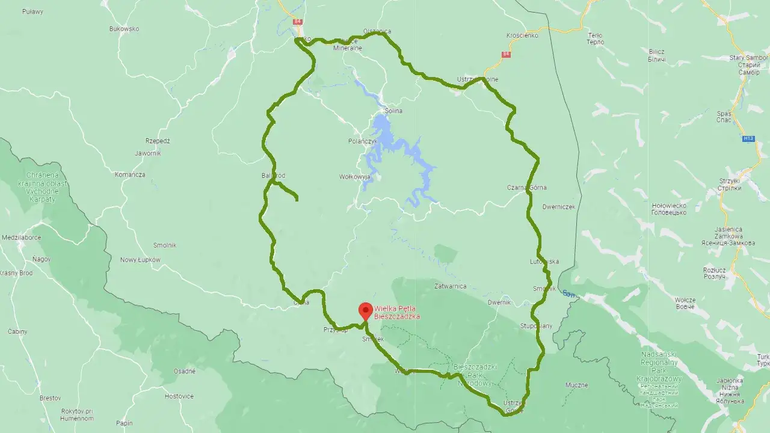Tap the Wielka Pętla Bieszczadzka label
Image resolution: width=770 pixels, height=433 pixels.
[397, 313]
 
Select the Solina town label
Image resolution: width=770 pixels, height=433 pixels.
[393, 111]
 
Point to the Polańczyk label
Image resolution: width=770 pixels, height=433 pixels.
[363, 141]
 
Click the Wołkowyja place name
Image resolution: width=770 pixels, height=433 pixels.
[354, 177]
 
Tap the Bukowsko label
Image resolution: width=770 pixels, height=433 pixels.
[124, 29]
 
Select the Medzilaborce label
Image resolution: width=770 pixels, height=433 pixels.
[21, 237]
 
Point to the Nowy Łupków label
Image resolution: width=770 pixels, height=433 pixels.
[140, 260]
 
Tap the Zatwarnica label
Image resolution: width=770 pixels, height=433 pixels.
[451, 287]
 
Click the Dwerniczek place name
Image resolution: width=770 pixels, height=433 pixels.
[559, 207]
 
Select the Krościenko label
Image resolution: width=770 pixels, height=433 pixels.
[522, 35]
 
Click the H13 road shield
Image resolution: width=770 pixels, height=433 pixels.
[748, 139]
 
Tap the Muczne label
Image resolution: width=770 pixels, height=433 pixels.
[576, 385]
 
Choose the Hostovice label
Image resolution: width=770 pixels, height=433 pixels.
[179, 396]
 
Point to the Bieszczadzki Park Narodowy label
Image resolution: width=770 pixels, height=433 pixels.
[475, 375]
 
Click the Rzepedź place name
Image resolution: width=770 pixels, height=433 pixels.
[158, 141]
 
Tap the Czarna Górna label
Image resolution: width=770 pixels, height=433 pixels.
[527, 188]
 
